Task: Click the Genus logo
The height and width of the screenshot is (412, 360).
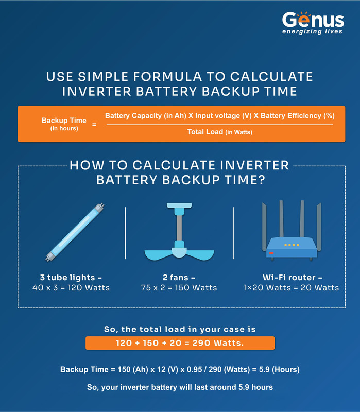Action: pyautogui.click(x=313, y=20)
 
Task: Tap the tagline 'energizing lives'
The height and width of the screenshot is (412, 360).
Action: pyautogui.click(x=313, y=32)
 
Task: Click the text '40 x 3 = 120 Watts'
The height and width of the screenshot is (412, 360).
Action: pyautogui.click(x=71, y=287)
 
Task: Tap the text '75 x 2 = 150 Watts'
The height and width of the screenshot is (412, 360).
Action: pyautogui.click(x=179, y=287)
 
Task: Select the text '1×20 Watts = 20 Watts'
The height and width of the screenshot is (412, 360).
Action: pyautogui.click(x=291, y=287)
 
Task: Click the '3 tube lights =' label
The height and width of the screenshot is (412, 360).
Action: pyautogui.click(x=71, y=278)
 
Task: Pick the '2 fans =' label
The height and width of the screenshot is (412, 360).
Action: pyautogui.click(x=179, y=278)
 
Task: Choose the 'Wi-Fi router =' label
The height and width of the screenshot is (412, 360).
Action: pyautogui.click(x=291, y=278)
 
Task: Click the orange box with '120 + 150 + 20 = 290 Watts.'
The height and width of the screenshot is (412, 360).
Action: pyautogui.click(x=180, y=343)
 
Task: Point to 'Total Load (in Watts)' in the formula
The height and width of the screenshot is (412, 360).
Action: pyautogui.click(x=219, y=132)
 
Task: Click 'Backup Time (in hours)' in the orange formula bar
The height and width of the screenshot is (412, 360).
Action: pyautogui.click(x=64, y=124)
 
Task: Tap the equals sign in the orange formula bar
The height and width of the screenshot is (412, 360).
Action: pyautogui.click(x=94, y=125)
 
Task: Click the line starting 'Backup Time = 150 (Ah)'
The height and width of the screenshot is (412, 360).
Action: pyautogui.click(x=180, y=369)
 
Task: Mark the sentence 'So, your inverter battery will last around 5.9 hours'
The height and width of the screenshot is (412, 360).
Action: pyautogui.click(x=180, y=387)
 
